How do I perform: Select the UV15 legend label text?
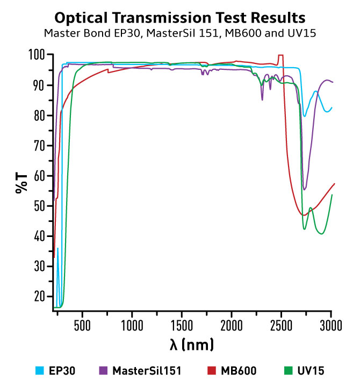tap(313, 370)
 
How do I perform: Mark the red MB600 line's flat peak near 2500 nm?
tap(280, 55)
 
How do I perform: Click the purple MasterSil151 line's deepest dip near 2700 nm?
tap(305, 189)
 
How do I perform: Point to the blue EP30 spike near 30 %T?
tap(57, 248)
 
